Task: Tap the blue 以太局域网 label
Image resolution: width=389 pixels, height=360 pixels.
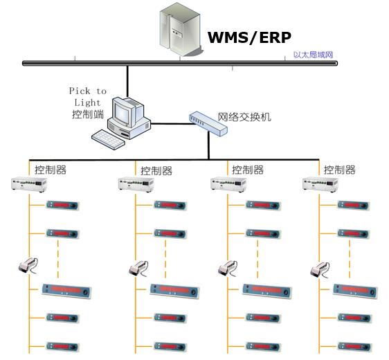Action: tap(313, 55)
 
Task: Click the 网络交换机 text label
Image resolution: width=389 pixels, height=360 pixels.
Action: tap(244, 116)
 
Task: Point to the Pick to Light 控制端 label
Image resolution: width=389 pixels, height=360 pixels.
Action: tap(88, 102)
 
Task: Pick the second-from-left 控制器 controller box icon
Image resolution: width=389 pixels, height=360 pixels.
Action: tap(135, 185)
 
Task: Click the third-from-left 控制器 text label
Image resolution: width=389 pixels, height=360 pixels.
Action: tap(248, 170)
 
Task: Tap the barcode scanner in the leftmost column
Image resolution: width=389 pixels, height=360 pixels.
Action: tap(28, 266)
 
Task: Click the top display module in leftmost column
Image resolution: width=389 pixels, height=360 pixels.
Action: tap(63, 205)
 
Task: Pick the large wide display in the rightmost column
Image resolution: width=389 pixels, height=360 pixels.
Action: tap(357, 291)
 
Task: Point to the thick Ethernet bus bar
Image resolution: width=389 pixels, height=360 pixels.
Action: tap(180, 63)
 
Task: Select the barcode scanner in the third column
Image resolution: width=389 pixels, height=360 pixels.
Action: tap(229, 268)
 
